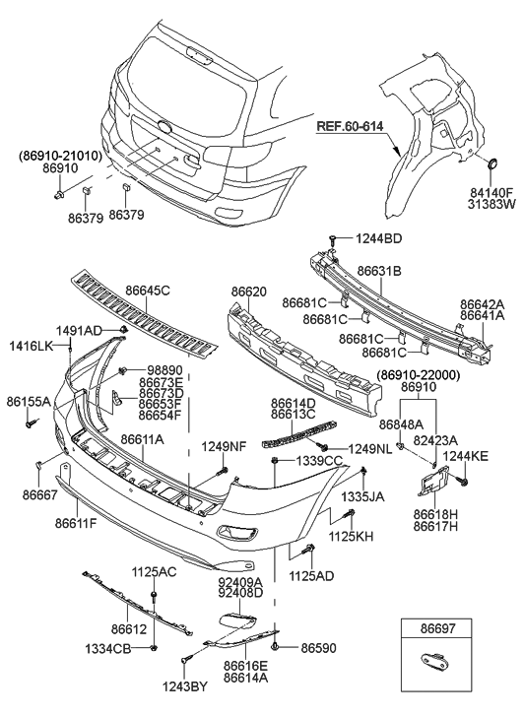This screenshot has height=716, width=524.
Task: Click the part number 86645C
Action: [x=147, y=291]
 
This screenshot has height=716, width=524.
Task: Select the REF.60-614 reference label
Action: [x=353, y=126]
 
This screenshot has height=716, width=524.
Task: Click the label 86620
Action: [x=249, y=292]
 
